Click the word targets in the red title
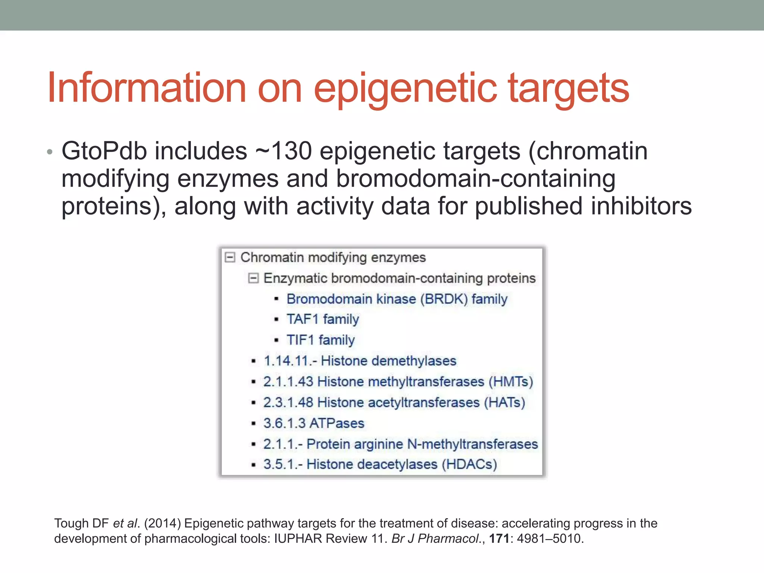tap(569, 90)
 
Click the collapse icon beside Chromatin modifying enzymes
tap(230, 257)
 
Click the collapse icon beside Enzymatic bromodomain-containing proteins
tap(253, 278)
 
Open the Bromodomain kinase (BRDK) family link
tap(397, 299)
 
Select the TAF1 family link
tap(322, 319)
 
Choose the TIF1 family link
tap(320, 340)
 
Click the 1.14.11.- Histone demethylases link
tap(360, 361)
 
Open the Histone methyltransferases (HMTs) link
tap(398, 382)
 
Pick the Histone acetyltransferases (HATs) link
tap(394, 403)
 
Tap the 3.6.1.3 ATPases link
tap(313, 423)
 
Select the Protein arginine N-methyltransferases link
tap(400, 444)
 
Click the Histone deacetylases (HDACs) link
tap(380, 464)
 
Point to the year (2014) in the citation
tap(162, 523)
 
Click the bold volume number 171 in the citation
tap(499, 539)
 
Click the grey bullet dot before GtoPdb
tap(50, 153)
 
